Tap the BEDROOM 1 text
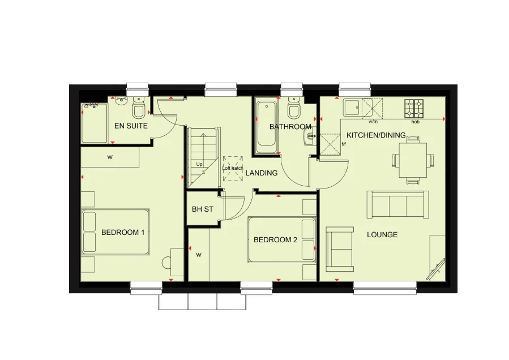[123, 232]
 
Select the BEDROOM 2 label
[275, 240]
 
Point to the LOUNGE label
[382, 234]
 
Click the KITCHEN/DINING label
[376, 135]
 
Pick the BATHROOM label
[290, 127]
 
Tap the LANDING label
[262, 173]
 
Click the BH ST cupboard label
[202, 209]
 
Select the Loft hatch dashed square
[232, 169]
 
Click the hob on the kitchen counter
[414, 108]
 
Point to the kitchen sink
[352, 108]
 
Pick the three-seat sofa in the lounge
[397, 204]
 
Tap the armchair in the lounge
[340, 248]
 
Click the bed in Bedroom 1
[115, 232]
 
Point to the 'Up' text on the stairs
[199, 164]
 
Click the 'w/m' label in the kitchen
[373, 122]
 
